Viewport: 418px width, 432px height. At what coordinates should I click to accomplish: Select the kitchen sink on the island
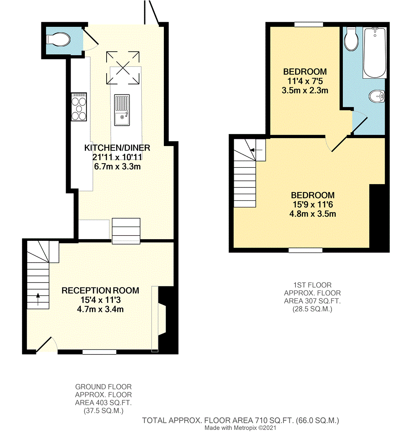(122, 110)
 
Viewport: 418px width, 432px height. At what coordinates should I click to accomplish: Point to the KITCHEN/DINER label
(117, 148)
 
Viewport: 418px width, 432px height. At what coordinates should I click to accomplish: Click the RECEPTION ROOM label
(100, 290)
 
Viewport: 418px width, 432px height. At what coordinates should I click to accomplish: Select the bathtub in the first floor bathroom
(374, 53)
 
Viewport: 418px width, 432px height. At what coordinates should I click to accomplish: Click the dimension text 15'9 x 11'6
(313, 205)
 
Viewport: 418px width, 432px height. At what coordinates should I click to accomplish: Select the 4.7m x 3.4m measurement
(100, 309)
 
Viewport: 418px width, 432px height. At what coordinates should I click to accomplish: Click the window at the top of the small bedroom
(308, 25)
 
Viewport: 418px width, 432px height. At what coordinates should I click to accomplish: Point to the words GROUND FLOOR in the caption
(103, 387)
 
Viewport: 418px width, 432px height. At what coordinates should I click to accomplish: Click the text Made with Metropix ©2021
(240, 428)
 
